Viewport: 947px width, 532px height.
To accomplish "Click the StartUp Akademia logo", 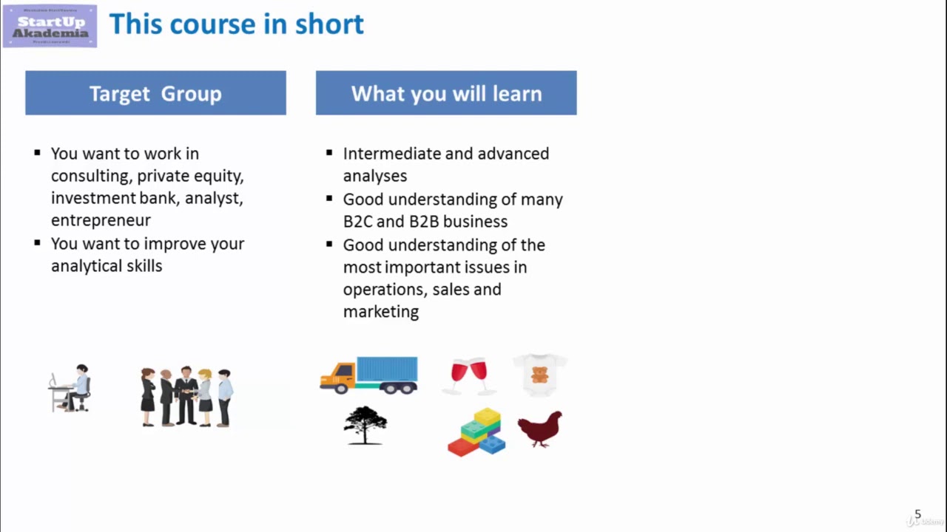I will pos(50,26).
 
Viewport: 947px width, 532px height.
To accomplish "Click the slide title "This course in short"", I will pos(236,24).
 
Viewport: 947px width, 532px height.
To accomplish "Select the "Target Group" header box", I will pos(155,93).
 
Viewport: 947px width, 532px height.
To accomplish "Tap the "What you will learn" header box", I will pos(446,93).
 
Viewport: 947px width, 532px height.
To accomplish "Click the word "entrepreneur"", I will pos(101,220).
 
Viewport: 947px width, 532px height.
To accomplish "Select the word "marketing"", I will pos(380,312).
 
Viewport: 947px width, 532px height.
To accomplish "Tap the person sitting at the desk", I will pos(72,388).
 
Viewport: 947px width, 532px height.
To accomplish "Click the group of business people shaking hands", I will pos(186,396).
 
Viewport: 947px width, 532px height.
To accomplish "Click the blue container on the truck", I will pos(387,369).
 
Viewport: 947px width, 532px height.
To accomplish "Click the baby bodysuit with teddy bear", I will pos(540,374).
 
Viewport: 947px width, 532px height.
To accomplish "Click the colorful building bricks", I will pos(477,433).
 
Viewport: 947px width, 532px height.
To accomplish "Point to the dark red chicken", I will pos(540,429).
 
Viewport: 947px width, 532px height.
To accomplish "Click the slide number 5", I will pos(917,514).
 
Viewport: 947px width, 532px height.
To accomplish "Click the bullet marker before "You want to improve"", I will pos(37,242).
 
